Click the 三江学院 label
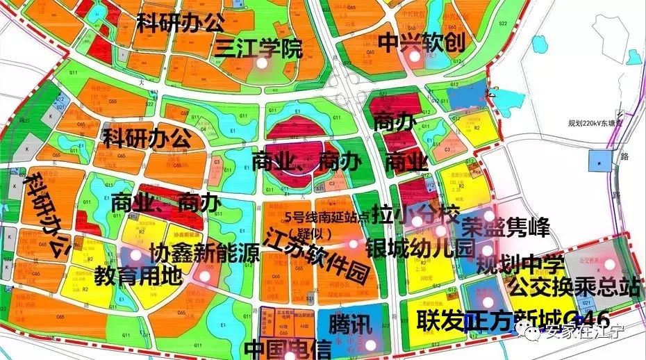tap(258, 48)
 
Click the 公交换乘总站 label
tap(574, 286)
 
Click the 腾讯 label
tap(351, 325)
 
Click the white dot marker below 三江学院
tap(262, 63)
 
